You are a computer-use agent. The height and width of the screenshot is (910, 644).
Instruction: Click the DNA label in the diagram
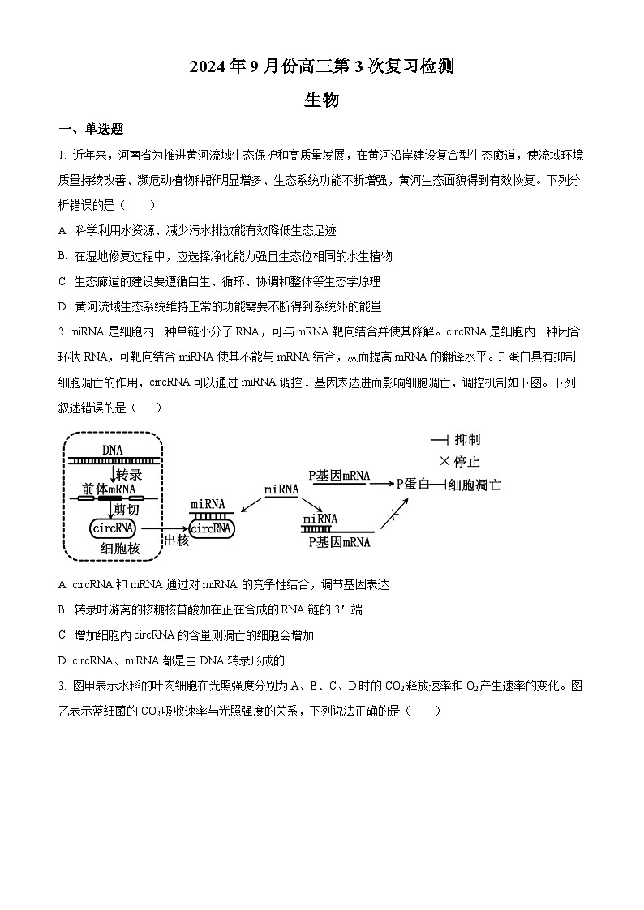coord(113,450)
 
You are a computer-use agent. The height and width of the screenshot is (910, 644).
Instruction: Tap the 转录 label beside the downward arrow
coord(129,475)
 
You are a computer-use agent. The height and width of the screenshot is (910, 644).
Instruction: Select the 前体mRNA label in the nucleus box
coord(108,489)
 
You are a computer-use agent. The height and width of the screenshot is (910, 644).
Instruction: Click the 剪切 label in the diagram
coord(127,510)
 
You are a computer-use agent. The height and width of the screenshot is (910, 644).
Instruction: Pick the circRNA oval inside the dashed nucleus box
coord(113,528)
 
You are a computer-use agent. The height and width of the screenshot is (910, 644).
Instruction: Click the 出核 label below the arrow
coord(176,540)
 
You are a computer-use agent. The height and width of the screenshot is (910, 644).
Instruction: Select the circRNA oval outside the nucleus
coord(211,528)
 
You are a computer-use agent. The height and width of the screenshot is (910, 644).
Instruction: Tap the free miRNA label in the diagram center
coord(281,489)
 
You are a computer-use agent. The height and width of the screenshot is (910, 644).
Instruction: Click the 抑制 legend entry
coord(467,440)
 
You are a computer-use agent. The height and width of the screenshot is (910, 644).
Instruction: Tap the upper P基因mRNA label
coord(339,475)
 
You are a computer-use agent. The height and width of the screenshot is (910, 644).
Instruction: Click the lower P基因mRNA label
coord(339,542)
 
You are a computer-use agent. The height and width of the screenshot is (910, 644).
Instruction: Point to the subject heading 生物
coord(321,100)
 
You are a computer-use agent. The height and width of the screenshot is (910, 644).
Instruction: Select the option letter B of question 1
coord(62,256)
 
